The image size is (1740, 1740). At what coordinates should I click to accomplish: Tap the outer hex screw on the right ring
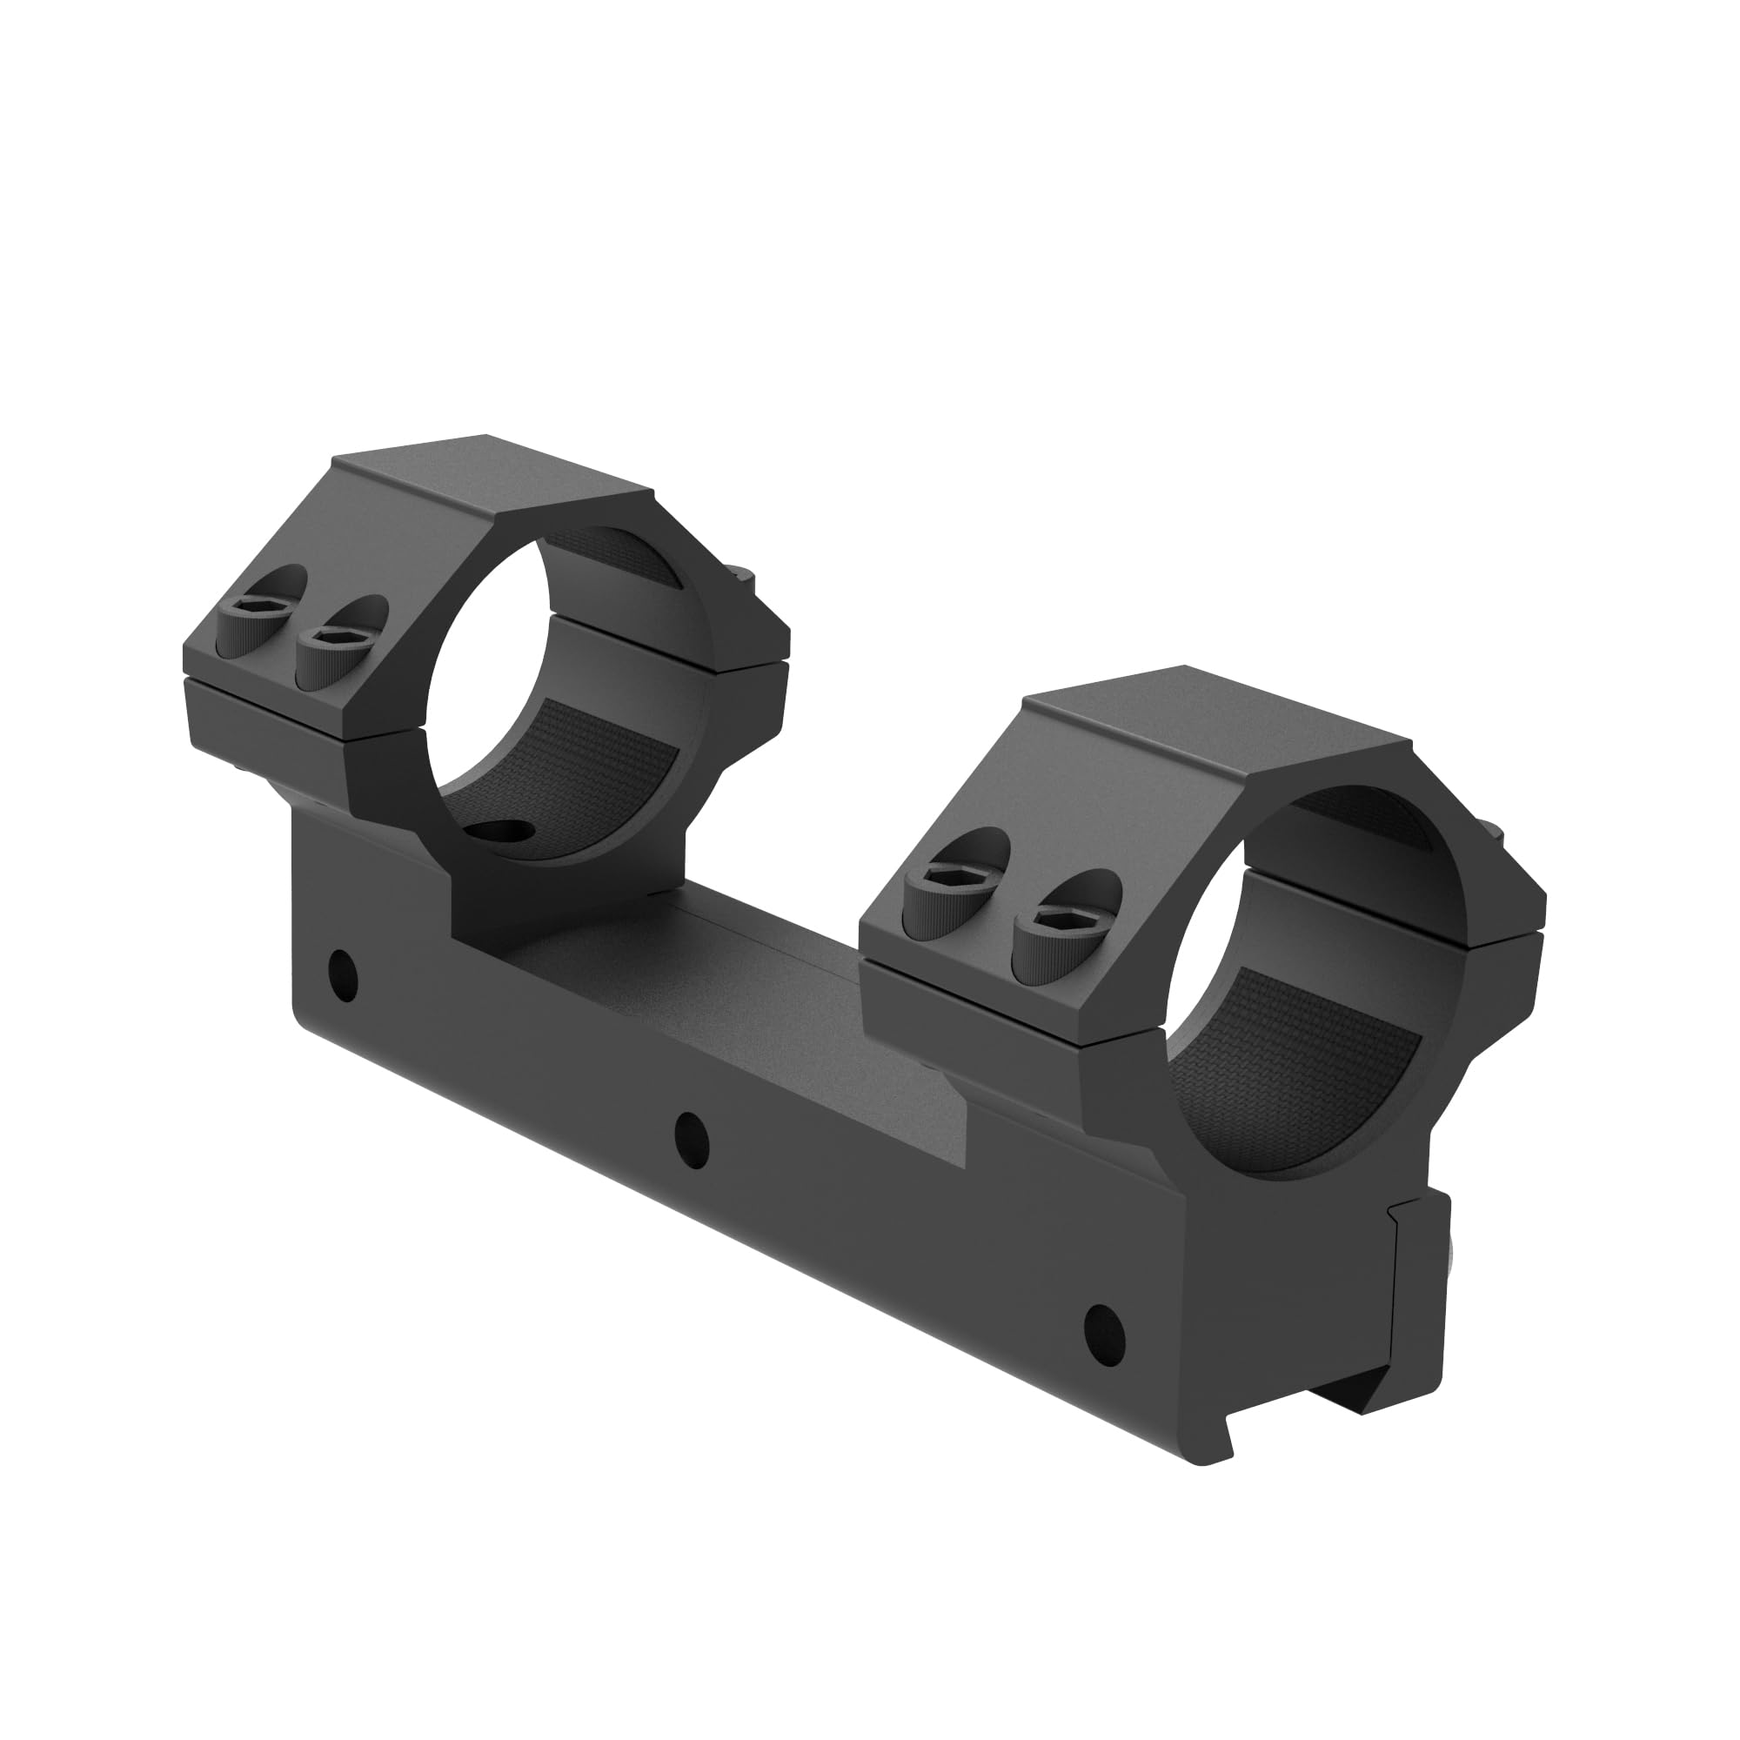point(938,880)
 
